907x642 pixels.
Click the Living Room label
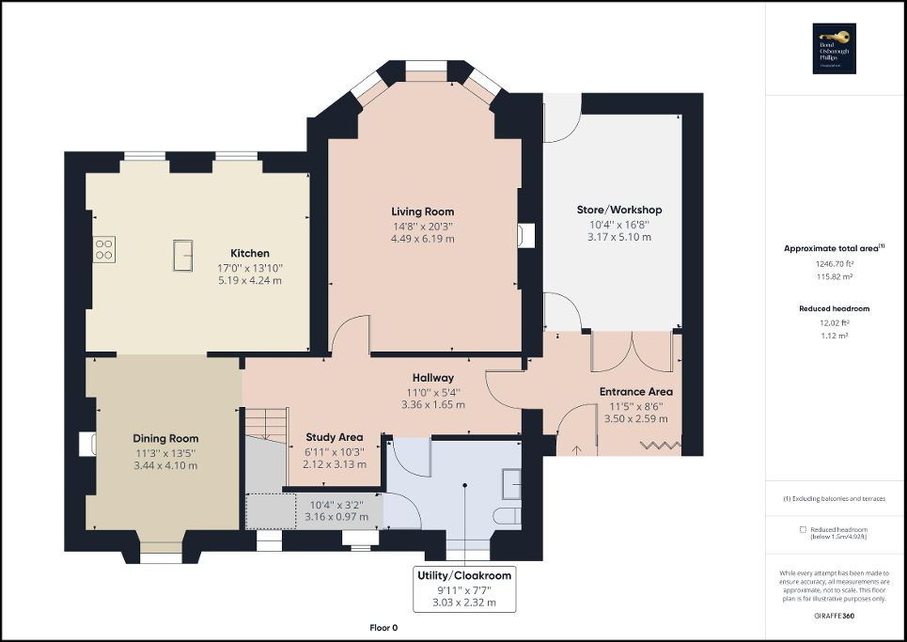coord(422,211)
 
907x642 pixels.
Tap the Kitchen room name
coord(250,253)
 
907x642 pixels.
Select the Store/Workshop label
coord(619,210)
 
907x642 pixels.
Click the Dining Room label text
coord(165,438)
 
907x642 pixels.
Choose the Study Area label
coord(335,437)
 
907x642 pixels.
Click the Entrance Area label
coord(635,392)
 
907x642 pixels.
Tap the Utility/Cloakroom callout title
coord(465,574)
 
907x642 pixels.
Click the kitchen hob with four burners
coord(103,249)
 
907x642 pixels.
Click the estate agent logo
coord(835,49)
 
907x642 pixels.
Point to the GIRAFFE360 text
coord(835,614)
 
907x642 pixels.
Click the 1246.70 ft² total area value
coord(836,266)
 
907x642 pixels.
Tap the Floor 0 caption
coord(383,627)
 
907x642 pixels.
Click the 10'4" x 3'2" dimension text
coord(335,505)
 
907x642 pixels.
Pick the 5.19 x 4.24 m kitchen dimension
coord(250,280)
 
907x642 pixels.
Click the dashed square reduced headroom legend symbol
coord(804,529)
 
